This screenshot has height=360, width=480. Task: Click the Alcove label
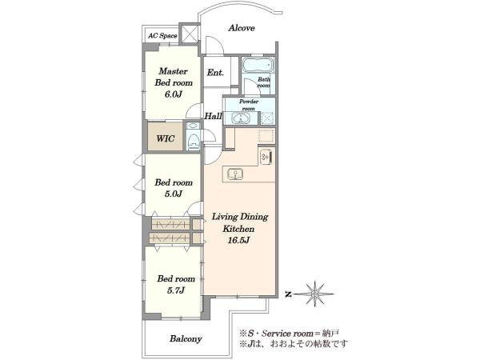click(x=242, y=28)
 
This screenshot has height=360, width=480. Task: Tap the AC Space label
click(x=162, y=36)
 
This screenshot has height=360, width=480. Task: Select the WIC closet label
click(x=166, y=138)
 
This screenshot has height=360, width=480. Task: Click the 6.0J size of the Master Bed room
click(x=174, y=94)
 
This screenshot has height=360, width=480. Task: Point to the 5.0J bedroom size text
click(x=174, y=194)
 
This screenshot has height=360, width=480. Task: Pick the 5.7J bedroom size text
click(x=176, y=290)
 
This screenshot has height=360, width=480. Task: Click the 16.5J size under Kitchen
click(x=238, y=240)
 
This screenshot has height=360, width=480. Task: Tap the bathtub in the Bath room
click(x=258, y=65)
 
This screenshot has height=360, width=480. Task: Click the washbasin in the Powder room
click(x=241, y=118)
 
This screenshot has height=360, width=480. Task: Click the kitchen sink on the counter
click(x=235, y=174)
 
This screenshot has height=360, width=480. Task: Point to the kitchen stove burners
click(x=266, y=158)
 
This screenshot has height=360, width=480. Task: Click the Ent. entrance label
click(x=215, y=73)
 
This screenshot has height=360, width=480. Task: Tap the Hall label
click(x=213, y=116)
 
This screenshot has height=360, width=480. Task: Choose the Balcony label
click(x=186, y=339)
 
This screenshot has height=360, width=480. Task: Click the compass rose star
click(x=314, y=294)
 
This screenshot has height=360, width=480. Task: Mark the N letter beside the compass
click(x=288, y=294)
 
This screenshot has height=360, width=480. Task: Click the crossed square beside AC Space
click(x=189, y=33)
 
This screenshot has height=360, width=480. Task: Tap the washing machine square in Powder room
click(x=267, y=118)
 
